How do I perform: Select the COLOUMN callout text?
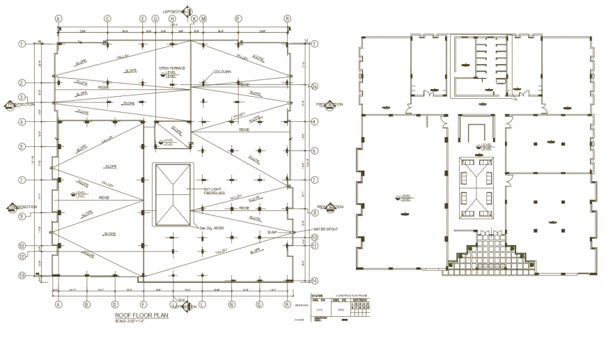[x=223, y=71]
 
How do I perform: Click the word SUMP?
[x=272, y=232]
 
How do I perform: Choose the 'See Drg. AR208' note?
[x=212, y=228]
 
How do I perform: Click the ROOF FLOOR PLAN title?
[x=141, y=315]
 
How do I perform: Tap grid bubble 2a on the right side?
[x=314, y=87]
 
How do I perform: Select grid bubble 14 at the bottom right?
[x=314, y=281]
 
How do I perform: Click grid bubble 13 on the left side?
[x=22, y=275]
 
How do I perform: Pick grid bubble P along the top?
[x=238, y=19]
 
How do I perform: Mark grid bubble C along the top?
[x=107, y=19]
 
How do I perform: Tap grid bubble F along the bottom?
[x=143, y=304]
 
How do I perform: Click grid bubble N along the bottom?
[x=231, y=304]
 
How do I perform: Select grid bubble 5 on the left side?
[x=22, y=147]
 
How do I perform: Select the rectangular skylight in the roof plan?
[x=172, y=194]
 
